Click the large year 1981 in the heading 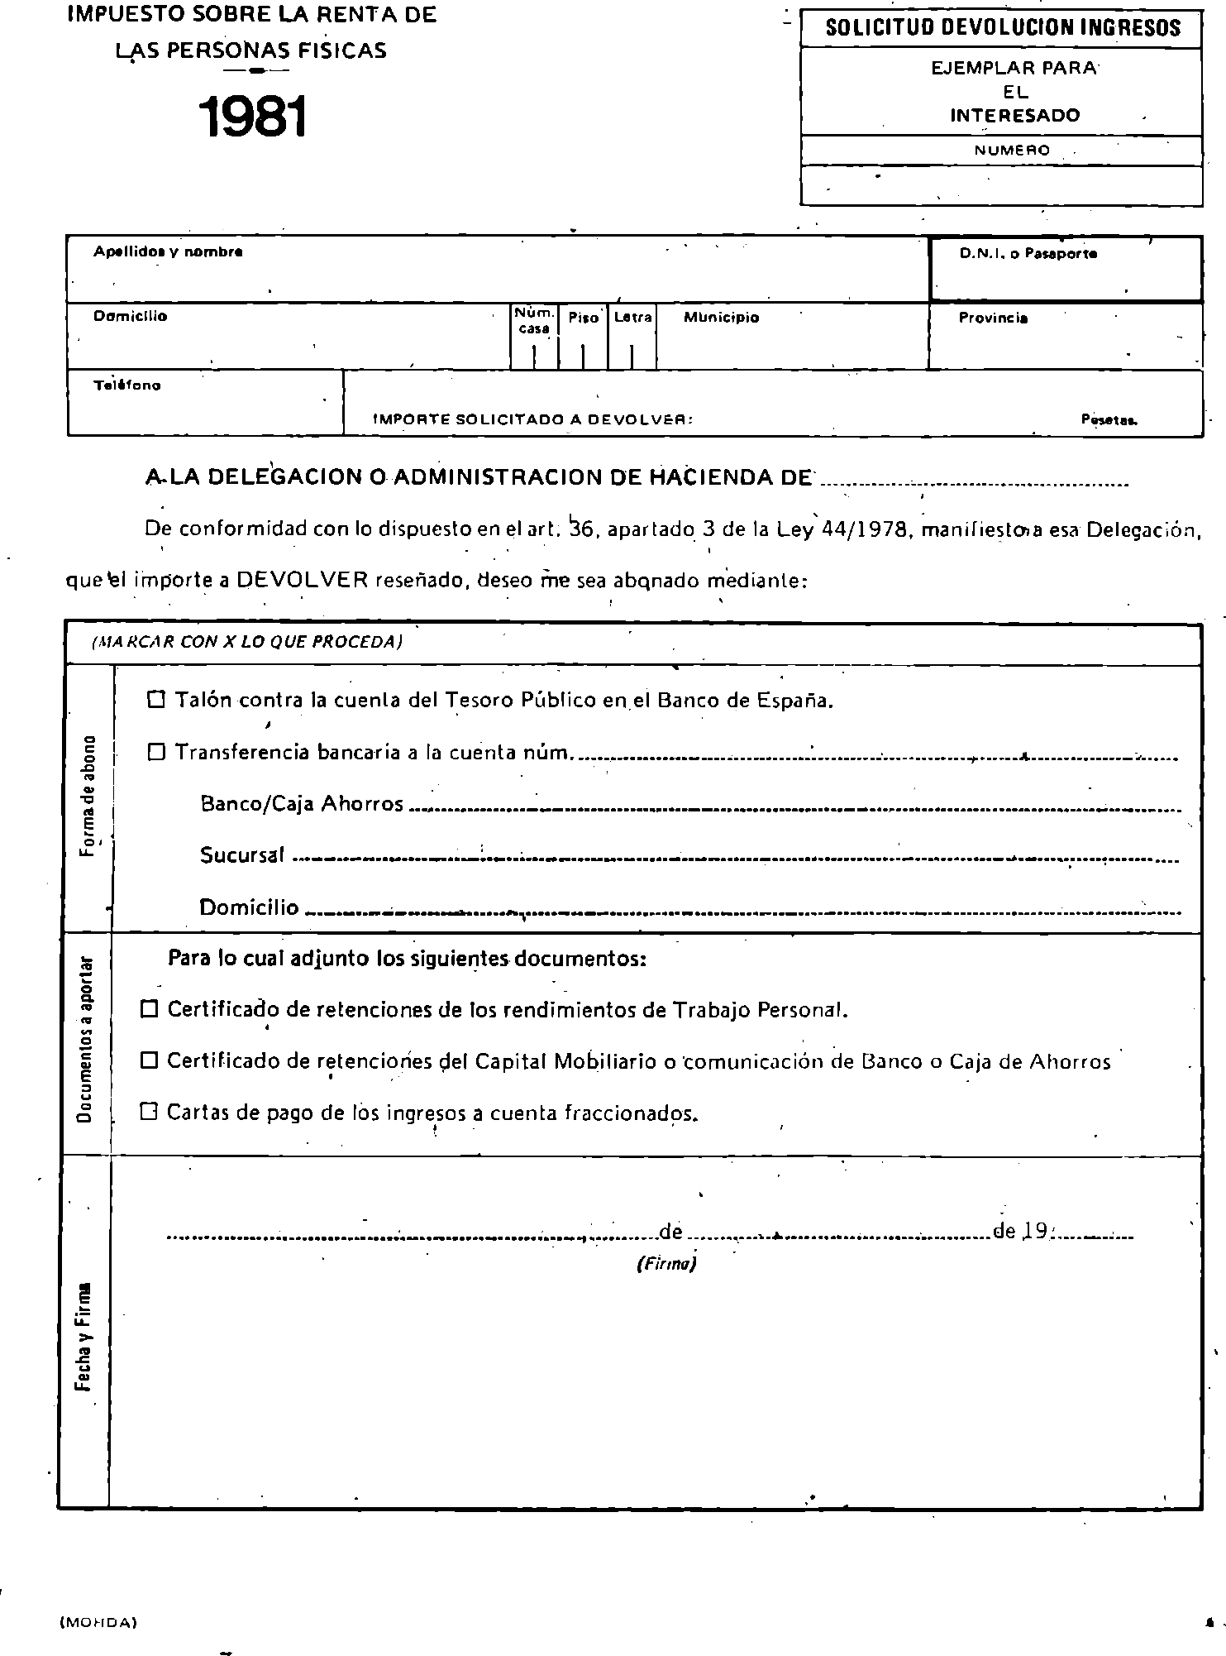[253, 117]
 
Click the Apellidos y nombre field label [168, 251]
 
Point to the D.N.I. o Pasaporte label [1028, 254]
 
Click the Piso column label [584, 318]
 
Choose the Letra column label [632, 317]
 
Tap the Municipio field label [721, 318]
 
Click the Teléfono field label [127, 385]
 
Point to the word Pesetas [1109, 420]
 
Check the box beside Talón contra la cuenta [156, 700]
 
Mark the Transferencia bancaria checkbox [156, 752]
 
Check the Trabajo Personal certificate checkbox [150, 1009]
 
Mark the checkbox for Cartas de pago [150, 1112]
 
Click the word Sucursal [242, 855]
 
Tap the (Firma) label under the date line [666, 1264]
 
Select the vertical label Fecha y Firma [84, 1338]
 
